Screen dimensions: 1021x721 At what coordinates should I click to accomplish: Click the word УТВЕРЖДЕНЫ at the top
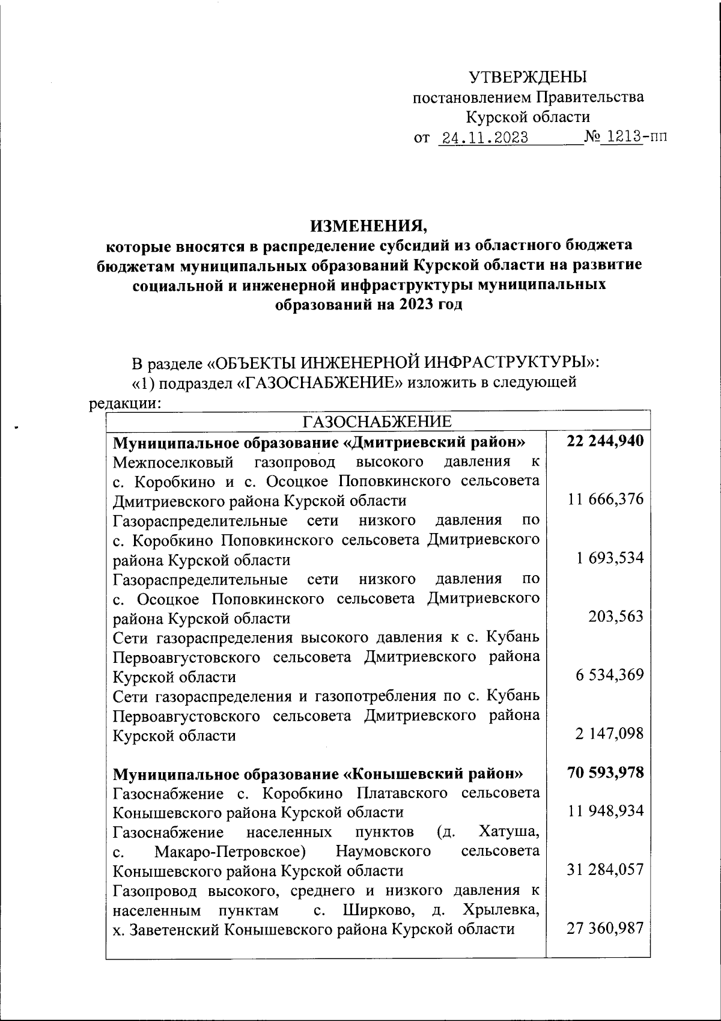(528, 77)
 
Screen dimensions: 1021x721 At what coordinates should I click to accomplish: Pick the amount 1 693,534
(610, 558)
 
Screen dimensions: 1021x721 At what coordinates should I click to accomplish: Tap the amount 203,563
(617, 617)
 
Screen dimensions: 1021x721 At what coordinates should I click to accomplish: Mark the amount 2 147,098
(609, 734)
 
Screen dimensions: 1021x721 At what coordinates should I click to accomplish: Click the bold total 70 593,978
(605, 772)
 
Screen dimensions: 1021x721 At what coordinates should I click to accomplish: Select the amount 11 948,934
(606, 811)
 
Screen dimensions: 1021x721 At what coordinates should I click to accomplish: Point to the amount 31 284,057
(606, 870)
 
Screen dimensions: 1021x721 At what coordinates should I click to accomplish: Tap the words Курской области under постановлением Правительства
(528, 117)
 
